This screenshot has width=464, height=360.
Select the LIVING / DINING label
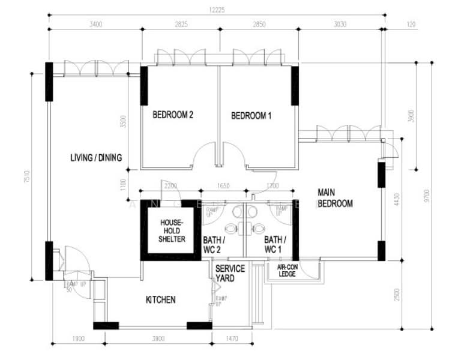[x=96, y=158]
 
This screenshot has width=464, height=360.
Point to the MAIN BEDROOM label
[x=335, y=198]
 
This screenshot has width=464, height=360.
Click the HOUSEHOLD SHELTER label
[x=172, y=231]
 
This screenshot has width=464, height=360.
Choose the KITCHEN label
[x=161, y=299]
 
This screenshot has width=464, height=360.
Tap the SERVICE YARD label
[x=229, y=274]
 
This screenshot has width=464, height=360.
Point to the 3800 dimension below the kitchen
[x=158, y=339]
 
